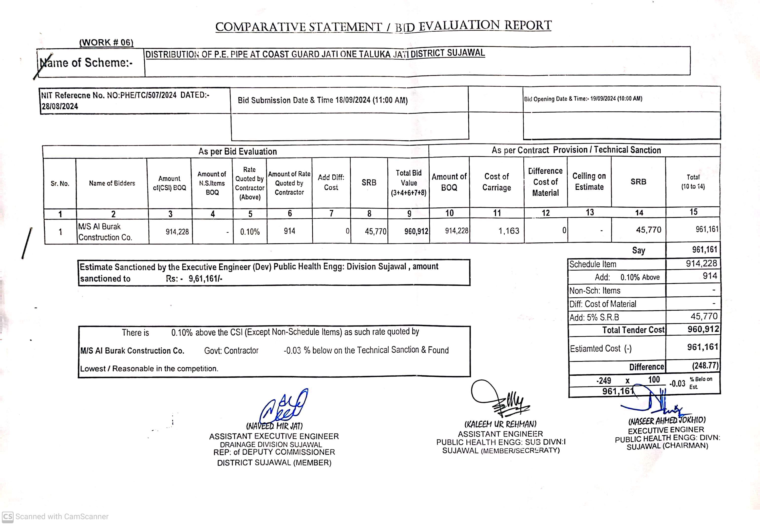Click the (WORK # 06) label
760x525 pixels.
tap(106, 42)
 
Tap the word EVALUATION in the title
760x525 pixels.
tap(459, 26)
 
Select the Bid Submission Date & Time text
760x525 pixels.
tap(323, 100)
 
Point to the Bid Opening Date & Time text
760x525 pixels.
tap(583, 99)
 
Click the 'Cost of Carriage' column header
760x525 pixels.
tap(496, 182)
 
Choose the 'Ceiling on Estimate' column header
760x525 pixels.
tap(589, 181)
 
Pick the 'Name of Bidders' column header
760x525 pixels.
tap(112, 183)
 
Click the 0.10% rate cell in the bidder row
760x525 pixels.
tap(250, 232)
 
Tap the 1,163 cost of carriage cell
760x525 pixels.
tap(509, 231)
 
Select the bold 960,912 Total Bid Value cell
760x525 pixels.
tap(416, 231)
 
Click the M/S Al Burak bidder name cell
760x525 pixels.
tap(105, 232)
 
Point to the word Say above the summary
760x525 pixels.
tap(638, 250)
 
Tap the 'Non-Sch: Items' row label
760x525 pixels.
tap(595, 290)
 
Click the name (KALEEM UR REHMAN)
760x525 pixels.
tap(500, 424)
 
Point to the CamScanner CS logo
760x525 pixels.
tap(8, 516)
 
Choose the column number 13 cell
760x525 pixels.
tap(590, 212)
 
